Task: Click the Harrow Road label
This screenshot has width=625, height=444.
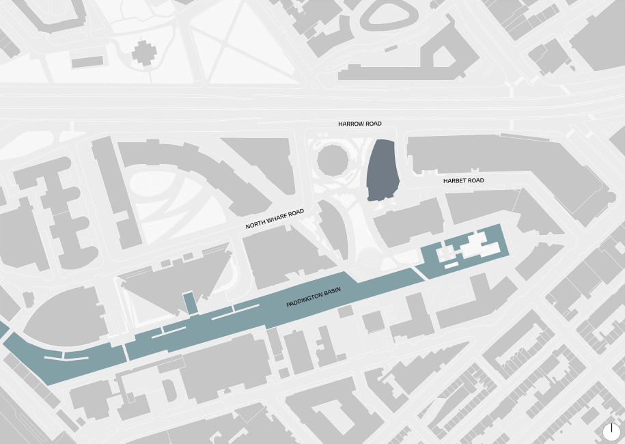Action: coord(360,124)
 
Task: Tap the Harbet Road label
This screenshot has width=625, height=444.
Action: coord(463,180)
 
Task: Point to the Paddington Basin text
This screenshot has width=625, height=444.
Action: coord(314,298)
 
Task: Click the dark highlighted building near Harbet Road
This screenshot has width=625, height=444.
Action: coord(383,170)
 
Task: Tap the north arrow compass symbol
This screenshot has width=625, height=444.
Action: coord(611,432)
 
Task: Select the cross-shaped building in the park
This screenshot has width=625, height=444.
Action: coord(143,52)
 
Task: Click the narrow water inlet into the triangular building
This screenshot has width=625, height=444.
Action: coord(189,303)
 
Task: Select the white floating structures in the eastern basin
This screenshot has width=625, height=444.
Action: coord(471,247)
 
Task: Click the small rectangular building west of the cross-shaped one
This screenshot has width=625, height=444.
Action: coord(87,61)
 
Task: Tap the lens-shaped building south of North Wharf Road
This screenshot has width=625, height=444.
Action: coord(334,230)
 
